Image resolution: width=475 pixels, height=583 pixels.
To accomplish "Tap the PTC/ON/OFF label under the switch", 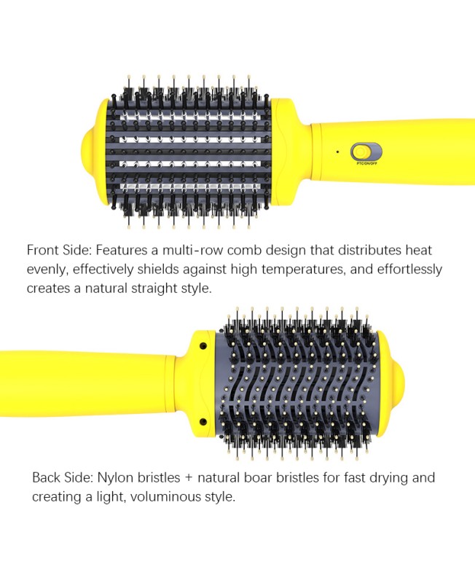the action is click(x=367, y=164).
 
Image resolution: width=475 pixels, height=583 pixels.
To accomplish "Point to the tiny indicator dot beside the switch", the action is click(x=337, y=152).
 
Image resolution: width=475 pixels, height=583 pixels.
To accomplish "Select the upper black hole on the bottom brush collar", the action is click(x=203, y=346).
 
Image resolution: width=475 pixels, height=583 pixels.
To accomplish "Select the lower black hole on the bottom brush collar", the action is click(x=203, y=422).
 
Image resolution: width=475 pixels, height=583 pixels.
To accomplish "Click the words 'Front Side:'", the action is click(x=59, y=250).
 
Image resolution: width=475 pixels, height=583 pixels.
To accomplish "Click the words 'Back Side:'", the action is click(x=63, y=477).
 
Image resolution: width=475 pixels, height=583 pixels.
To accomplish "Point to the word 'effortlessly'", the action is click(x=409, y=270).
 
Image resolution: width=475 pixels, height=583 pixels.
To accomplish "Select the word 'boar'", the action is click(x=258, y=477).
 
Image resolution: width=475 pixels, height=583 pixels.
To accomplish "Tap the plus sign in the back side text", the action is click(x=188, y=478).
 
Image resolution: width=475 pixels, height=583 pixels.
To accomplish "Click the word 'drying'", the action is click(x=388, y=478).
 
